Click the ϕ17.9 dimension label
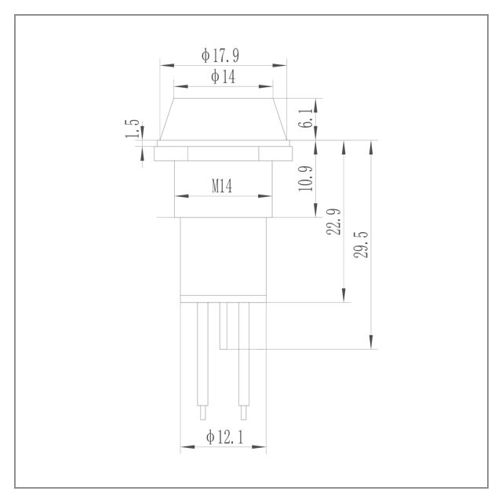coord(220,56)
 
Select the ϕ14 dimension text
coord(223,77)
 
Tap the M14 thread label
coord(222,186)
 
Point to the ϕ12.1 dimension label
coord(225,437)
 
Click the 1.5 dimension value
coord(133,129)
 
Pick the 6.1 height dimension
coord(305,118)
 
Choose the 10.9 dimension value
coord(305,179)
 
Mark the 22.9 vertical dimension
coord(333,222)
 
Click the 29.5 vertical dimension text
coord(361,245)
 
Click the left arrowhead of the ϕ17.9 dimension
coord(167,65)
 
